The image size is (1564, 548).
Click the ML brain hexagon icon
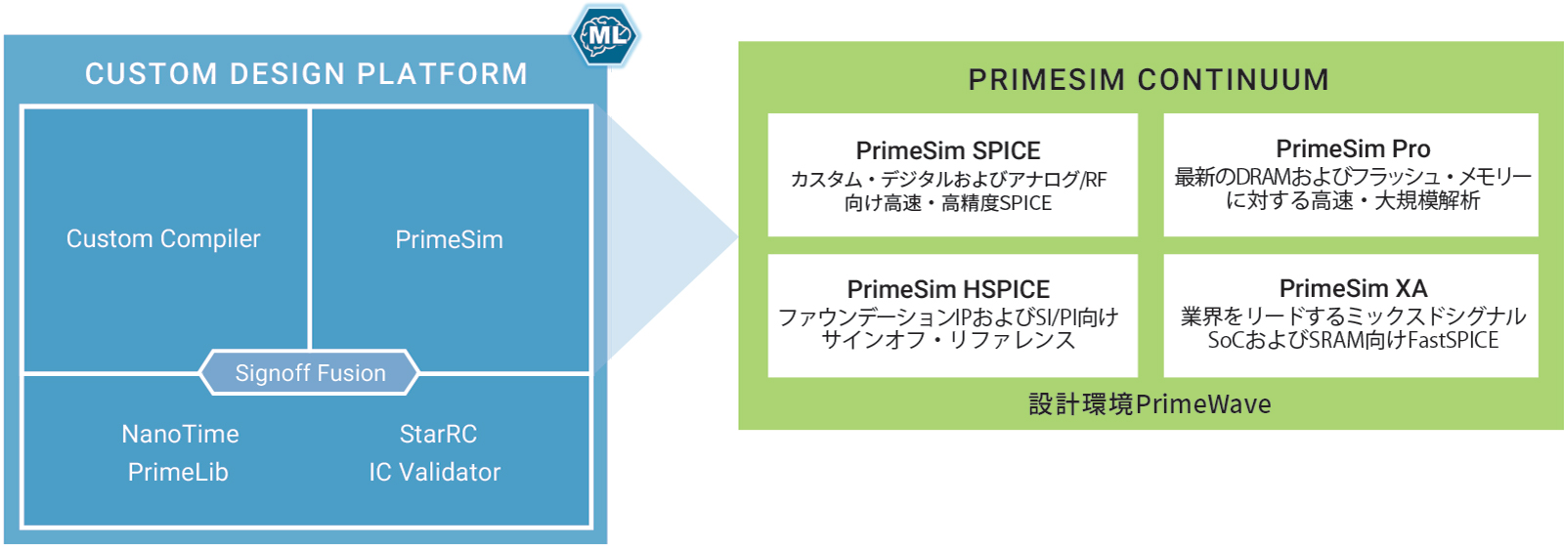pyautogui.click(x=605, y=36)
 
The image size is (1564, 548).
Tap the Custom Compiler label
pyautogui.click(x=163, y=239)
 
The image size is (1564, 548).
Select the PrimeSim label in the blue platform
pyautogui.click(x=449, y=239)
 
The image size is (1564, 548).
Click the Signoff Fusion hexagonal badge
pyautogui.click(x=310, y=373)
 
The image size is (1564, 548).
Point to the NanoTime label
pyautogui.click(x=180, y=434)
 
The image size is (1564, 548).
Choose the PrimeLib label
pyautogui.click(x=178, y=472)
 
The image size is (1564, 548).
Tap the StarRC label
pyautogui.click(x=438, y=434)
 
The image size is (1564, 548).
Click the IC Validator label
pyautogui.click(x=434, y=472)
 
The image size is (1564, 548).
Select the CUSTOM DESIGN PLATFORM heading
pyautogui.click(x=306, y=74)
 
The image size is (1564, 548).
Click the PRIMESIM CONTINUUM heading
pyautogui.click(x=1149, y=80)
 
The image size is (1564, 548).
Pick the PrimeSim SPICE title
pyautogui.click(x=947, y=150)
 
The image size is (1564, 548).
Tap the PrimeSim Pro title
pyautogui.click(x=1353, y=148)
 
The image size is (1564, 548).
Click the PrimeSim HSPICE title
pyautogui.click(x=947, y=289)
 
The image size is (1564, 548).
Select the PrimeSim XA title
pyautogui.click(x=1353, y=288)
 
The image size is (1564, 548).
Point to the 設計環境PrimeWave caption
pyautogui.click(x=1150, y=404)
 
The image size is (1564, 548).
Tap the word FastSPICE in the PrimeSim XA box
pyautogui.click(x=1454, y=340)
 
